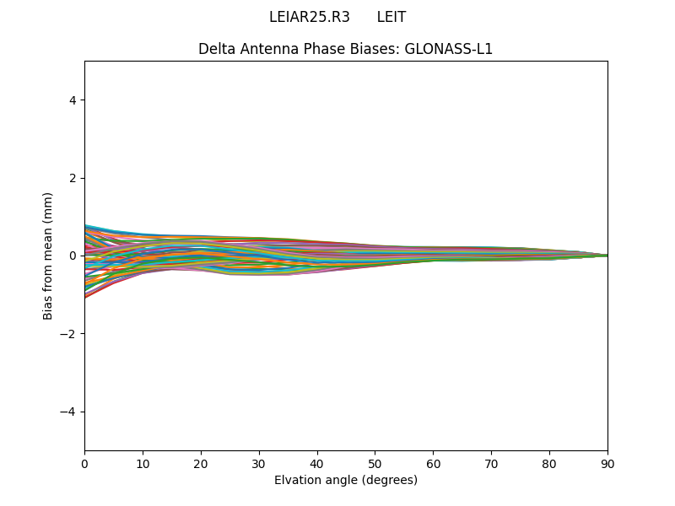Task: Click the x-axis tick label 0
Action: click(84, 463)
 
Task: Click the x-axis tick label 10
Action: click(143, 463)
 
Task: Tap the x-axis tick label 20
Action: click(201, 463)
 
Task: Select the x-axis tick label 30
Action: click(259, 463)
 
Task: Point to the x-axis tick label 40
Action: click(317, 463)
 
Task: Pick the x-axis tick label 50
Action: click(375, 463)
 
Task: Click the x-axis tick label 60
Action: click(433, 463)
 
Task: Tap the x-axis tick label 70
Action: click(491, 463)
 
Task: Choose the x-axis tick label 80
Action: click(549, 463)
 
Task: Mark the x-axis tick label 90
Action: click(607, 463)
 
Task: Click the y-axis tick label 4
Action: click(73, 100)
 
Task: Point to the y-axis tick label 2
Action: click(73, 178)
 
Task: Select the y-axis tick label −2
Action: click(69, 334)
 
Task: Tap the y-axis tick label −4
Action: click(69, 412)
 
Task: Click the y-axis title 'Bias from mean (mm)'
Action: click(49, 256)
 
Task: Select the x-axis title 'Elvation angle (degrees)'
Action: click(346, 481)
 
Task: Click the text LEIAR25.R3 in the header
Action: click(309, 18)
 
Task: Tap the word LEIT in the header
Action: click(391, 18)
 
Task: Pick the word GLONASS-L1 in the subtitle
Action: click(449, 49)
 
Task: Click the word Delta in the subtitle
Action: click(217, 49)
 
